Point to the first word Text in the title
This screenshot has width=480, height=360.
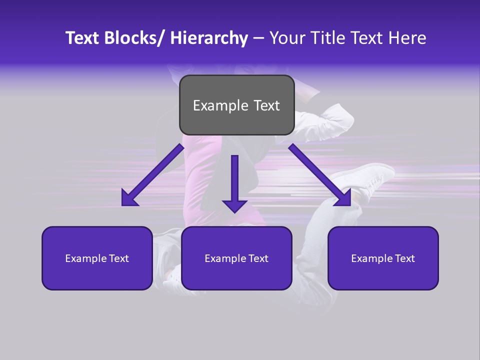pos(83,38)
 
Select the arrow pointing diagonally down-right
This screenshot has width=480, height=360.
pos(320,175)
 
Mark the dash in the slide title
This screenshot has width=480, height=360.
pos(258,38)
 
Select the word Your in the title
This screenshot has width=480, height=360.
pos(287,38)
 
